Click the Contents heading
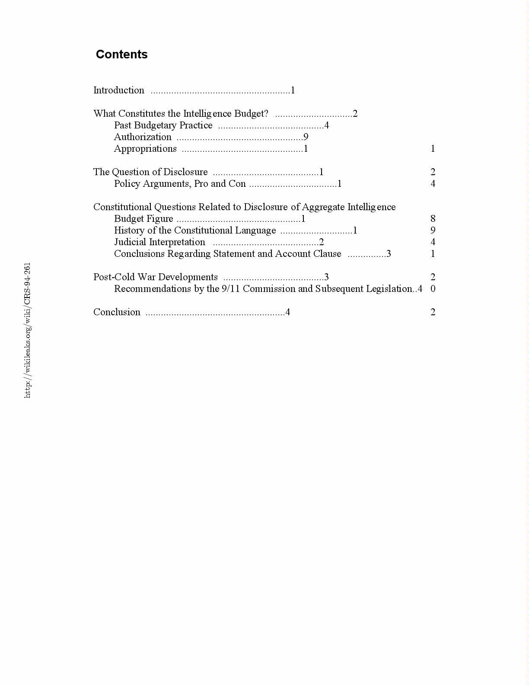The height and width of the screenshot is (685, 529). (121, 54)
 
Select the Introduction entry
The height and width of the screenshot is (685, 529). (119, 90)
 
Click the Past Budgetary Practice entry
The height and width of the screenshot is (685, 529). (163, 125)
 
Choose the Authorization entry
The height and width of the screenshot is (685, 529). (143, 137)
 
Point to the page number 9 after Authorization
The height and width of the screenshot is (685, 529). (306, 137)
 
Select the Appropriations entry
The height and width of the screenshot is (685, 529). (145, 149)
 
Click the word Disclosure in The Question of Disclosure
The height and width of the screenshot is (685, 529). (185, 172)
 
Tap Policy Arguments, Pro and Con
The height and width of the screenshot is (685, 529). (180, 184)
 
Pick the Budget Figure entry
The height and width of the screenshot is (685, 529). (143, 219)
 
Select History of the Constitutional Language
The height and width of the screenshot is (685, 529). (195, 230)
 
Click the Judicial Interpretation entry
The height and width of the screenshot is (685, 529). (159, 242)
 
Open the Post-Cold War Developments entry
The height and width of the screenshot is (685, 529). (156, 277)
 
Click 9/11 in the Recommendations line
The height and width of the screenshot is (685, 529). (231, 289)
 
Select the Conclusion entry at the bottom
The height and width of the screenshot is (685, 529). (117, 312)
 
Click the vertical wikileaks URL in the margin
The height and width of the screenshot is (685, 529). (27, 330)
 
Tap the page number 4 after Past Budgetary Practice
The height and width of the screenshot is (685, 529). (327, 125)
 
